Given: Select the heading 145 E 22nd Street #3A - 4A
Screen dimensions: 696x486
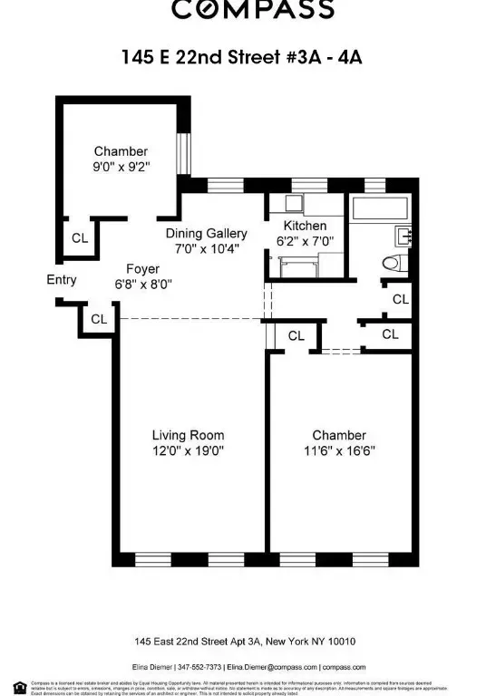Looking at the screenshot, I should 243,56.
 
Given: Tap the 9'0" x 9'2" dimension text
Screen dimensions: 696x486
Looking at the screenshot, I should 121,167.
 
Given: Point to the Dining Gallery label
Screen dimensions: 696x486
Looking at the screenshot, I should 207,234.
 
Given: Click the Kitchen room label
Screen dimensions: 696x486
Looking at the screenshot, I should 305,226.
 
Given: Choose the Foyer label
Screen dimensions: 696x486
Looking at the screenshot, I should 143,269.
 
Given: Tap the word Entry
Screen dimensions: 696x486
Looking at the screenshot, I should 62,280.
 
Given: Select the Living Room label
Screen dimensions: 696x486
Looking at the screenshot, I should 188,435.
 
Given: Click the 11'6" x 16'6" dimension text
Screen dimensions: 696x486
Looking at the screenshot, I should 339,450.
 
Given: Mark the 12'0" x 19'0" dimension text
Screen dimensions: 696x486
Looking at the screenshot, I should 188,450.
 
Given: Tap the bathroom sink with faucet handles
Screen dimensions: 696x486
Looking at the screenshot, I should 404,237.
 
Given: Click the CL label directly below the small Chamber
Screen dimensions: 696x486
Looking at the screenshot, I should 80,238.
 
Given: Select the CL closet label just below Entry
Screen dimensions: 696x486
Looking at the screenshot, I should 98,319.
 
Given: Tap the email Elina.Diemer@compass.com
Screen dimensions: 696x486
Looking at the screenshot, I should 270,666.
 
